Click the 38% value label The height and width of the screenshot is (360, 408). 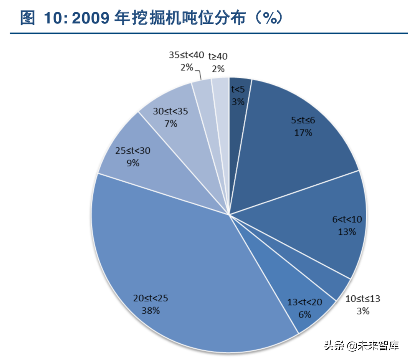click(150, 310)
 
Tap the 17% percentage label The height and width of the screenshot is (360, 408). click(303, 133)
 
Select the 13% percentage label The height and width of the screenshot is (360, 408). click(347, 232)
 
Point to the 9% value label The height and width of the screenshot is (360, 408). click(133, 163)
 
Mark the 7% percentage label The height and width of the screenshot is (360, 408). click(171, 124)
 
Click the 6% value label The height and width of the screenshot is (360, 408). click(305, 315)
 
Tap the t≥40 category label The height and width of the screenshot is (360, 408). click(218, 57)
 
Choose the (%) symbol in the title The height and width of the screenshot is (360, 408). click(268, 18)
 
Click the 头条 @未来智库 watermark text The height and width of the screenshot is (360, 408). click(362, 345)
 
